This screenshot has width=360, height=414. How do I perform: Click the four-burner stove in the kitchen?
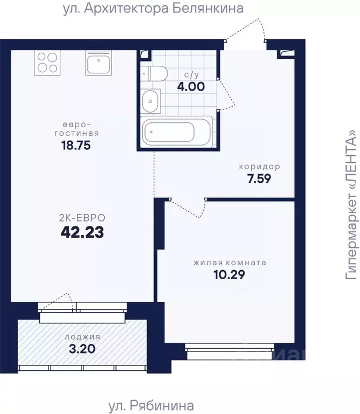point(47,63)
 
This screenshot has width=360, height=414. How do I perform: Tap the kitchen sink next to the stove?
point(99,63)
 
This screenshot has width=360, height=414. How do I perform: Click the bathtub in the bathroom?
point(176,132)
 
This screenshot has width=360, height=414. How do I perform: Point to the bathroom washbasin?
point(150,101)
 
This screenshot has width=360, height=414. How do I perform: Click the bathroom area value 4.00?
point(191,87)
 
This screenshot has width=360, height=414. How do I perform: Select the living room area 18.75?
point(76,145)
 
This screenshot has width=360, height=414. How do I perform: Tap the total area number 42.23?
point(82,232)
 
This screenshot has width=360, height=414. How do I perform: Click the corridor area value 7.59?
point(259,179)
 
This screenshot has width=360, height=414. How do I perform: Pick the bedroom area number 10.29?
point(230,274)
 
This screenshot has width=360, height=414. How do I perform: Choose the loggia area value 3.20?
point(82,349)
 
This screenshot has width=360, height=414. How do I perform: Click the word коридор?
point(259,167)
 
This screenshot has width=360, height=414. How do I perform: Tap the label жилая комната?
point(230,263)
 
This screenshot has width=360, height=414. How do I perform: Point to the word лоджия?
point(82,337)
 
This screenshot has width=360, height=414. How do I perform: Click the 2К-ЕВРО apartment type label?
point(82,218)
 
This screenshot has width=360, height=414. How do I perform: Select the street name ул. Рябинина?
point(151,405)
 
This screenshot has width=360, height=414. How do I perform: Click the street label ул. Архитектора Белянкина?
point(153,9)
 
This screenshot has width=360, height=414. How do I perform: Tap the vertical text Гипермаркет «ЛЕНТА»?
point(351,204)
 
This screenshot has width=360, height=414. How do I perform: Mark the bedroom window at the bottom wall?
point(230,351)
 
